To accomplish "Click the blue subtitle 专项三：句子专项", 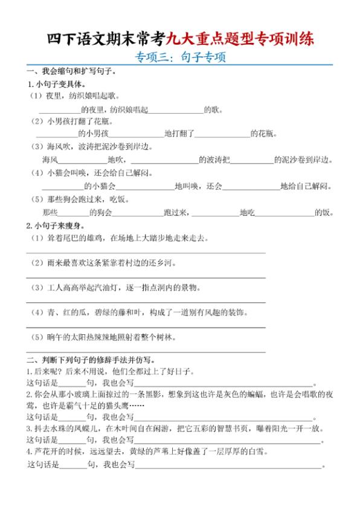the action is (179, 59).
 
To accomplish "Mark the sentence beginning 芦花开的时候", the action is (145, 452).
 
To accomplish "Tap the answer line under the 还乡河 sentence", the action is (146, 277).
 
